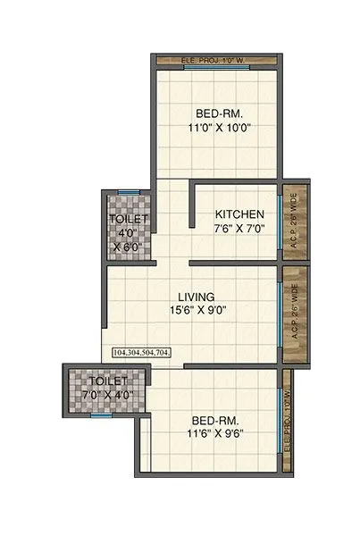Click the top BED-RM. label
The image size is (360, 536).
218,113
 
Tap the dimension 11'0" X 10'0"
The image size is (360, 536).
218,128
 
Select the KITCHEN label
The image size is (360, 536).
239,214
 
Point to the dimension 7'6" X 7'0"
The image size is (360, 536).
239,230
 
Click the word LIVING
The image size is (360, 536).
196,297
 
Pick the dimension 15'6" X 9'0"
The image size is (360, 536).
196,312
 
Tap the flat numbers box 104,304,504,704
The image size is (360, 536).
142,354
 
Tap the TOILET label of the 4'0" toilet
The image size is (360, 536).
130,219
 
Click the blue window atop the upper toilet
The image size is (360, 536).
130,189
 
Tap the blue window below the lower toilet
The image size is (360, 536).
100,415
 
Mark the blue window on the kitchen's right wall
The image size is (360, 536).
280,227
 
